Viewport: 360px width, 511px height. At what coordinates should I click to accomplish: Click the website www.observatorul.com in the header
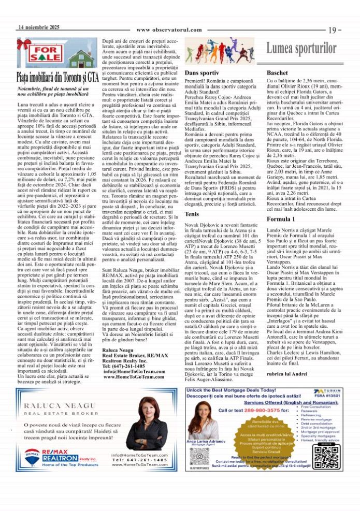pyautogui.click(x=169, y=30)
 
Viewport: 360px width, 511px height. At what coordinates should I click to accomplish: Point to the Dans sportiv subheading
pyautogui.click(x=201, y=73)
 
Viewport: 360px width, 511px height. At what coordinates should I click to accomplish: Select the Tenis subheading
pyautogui.click(x=192, y=213)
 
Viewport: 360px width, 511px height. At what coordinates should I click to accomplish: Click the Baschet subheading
pyautogui.click(x=276, y=73)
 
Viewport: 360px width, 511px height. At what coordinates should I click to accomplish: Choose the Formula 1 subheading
pyautogui.click(x=280, y=220)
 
